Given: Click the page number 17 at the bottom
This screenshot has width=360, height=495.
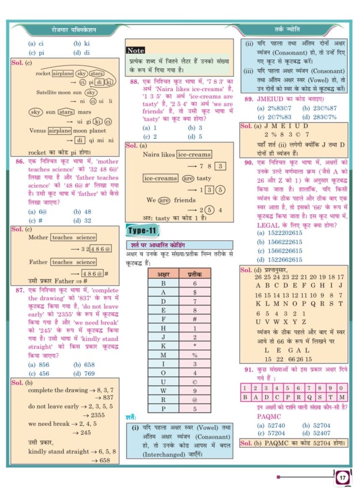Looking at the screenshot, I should tap(342, 478).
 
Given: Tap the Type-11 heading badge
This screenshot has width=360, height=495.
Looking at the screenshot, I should tap(142, 230).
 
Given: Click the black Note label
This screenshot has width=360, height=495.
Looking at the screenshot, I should tap(135, 50).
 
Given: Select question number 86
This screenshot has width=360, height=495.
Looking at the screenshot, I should tap(20, 161).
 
